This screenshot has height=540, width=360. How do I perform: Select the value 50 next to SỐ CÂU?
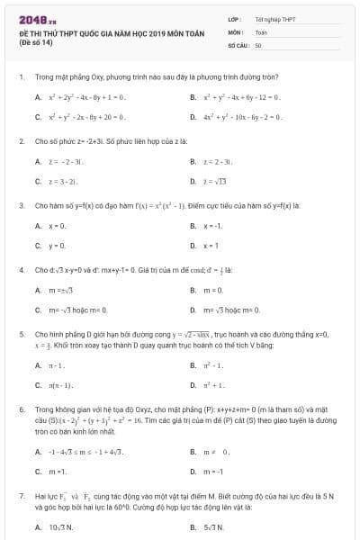(x=258, y=44)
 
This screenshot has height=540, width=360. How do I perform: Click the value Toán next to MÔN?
(x=261, y=31)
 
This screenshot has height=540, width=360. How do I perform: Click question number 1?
(x=21, y=77)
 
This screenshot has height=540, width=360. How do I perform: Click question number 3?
(x=21, y=205)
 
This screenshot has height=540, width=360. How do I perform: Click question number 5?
(x=21, y=333)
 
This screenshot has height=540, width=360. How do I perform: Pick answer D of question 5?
(x=225, y=385)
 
